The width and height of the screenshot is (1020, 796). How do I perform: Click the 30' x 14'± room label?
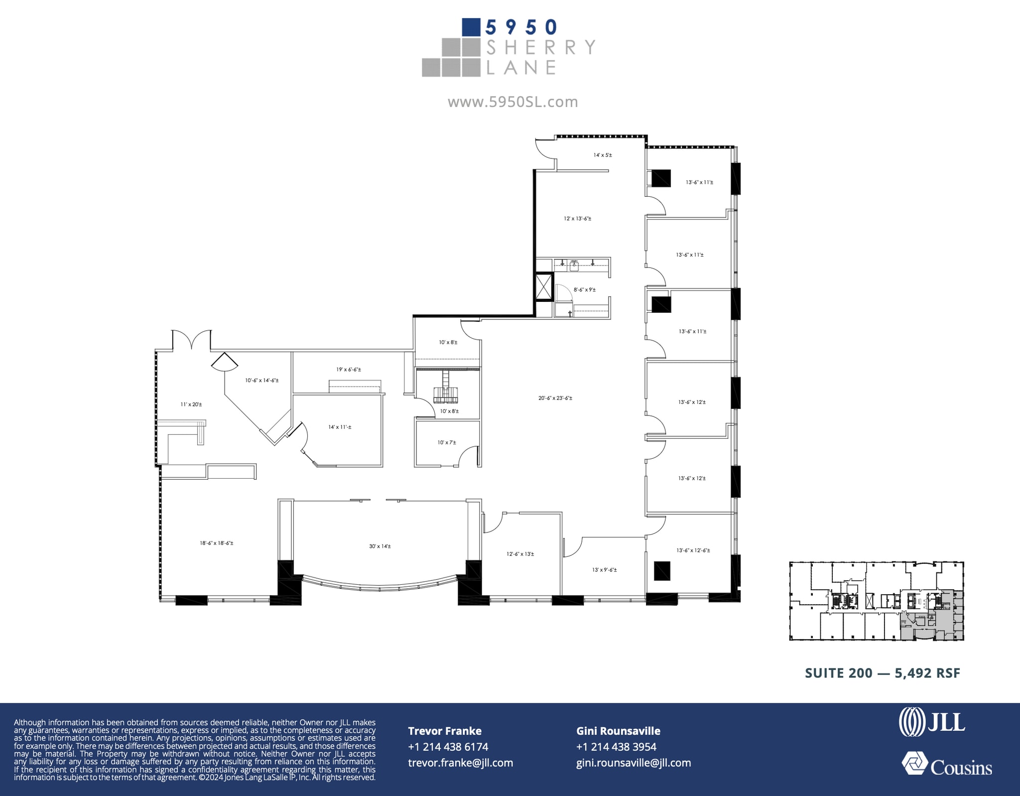pyautogui.click(x=380, y=546)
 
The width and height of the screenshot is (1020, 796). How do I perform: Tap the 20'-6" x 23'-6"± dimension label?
pyautogui.click(x=555, y=398)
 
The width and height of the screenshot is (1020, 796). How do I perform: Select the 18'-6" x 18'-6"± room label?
pyautogui.click(x=217, y=543)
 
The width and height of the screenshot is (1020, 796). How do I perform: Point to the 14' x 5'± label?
pyautogui.click(x=603, y=155)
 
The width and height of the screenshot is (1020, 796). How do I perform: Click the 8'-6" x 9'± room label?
pyautogui.click(x=584, y=289)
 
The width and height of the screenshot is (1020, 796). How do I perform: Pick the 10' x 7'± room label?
pyautogui.click(x=447, y=442)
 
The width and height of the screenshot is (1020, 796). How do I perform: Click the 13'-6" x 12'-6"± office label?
pyautogui.click(x=693, y=550)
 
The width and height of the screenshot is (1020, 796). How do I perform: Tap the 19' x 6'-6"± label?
pyautogui.click(x=349, y=370)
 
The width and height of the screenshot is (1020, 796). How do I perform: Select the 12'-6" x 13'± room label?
pyautogui.click(x=520, y=554)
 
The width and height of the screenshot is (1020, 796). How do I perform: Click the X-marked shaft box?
pyautogui.click(x=543, y=287)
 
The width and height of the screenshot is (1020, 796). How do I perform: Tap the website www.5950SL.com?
pyautogui.click(x=512, y=102)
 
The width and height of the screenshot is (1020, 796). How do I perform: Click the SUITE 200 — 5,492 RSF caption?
pyautogui.click(x=883, y=673)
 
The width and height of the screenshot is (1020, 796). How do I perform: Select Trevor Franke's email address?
pyautogui.click(x=460, y=763)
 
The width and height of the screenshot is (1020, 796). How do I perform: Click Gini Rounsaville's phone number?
pyautogui.click(x=616, y=747)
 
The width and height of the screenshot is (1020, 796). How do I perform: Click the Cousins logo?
pyautogui.click(x=947, y=765)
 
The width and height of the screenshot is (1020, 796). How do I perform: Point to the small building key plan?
pyautogui.click(x=877, y=601)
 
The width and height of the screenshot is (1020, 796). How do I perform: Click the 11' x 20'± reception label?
pyautogui.click(x=191, y=404)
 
